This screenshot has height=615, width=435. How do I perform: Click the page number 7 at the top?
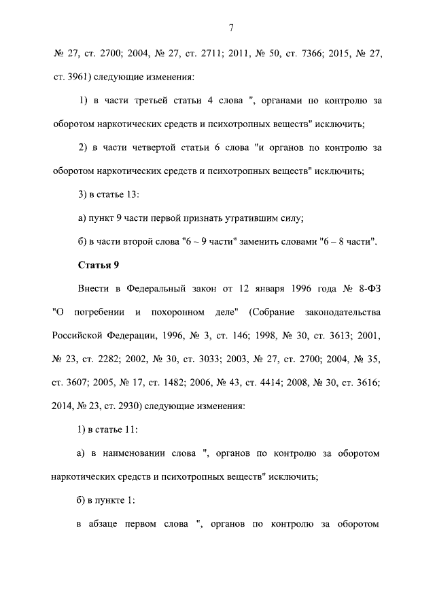232,28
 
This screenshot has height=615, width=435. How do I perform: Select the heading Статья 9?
99,265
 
